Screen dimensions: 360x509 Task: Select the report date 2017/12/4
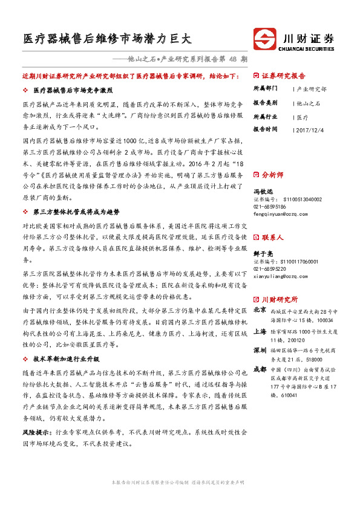pos(312,129)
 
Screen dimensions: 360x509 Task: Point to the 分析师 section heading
pos(272,174)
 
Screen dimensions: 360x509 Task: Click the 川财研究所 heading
pos(280,299)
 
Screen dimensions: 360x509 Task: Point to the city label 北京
pos(260,310)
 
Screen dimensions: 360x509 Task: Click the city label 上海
pos(260,331)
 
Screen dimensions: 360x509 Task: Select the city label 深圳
pos(260,350)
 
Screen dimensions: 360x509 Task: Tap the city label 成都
pos(260,369)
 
